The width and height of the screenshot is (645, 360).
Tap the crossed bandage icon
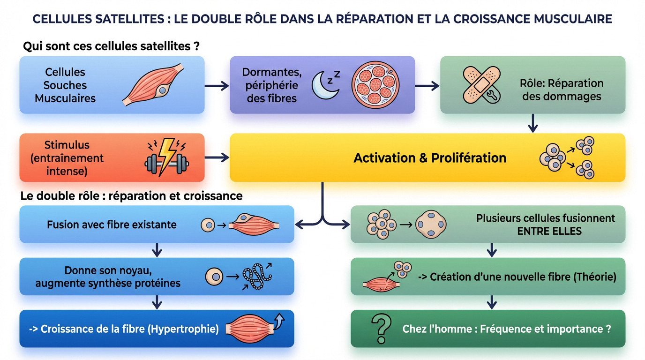pos(481,84)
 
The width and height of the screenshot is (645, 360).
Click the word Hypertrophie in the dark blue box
pos(183,329)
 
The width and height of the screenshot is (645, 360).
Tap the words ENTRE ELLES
pos(549,231)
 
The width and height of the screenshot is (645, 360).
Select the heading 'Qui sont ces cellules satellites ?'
pos(112,47)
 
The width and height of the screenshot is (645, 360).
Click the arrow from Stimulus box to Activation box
pos(217,157)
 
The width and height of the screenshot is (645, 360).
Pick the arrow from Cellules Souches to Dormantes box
pos(217,85)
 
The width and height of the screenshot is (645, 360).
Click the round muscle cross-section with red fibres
pos(374,84)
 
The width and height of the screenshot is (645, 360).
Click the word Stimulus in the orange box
pos(67,145)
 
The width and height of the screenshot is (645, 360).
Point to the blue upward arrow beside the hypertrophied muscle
pos(280,321)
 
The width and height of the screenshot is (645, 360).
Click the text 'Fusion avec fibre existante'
pos(112,225)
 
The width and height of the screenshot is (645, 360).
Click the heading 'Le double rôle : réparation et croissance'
pos(132,195)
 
